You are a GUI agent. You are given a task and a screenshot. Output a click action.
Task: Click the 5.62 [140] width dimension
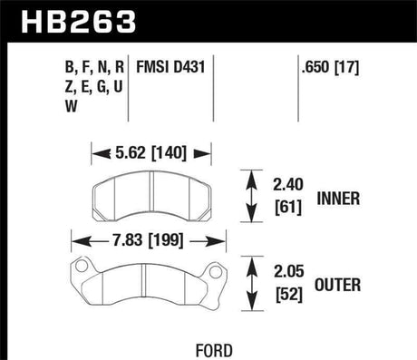152,153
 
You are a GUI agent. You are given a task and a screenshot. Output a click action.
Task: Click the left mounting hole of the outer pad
82,269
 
